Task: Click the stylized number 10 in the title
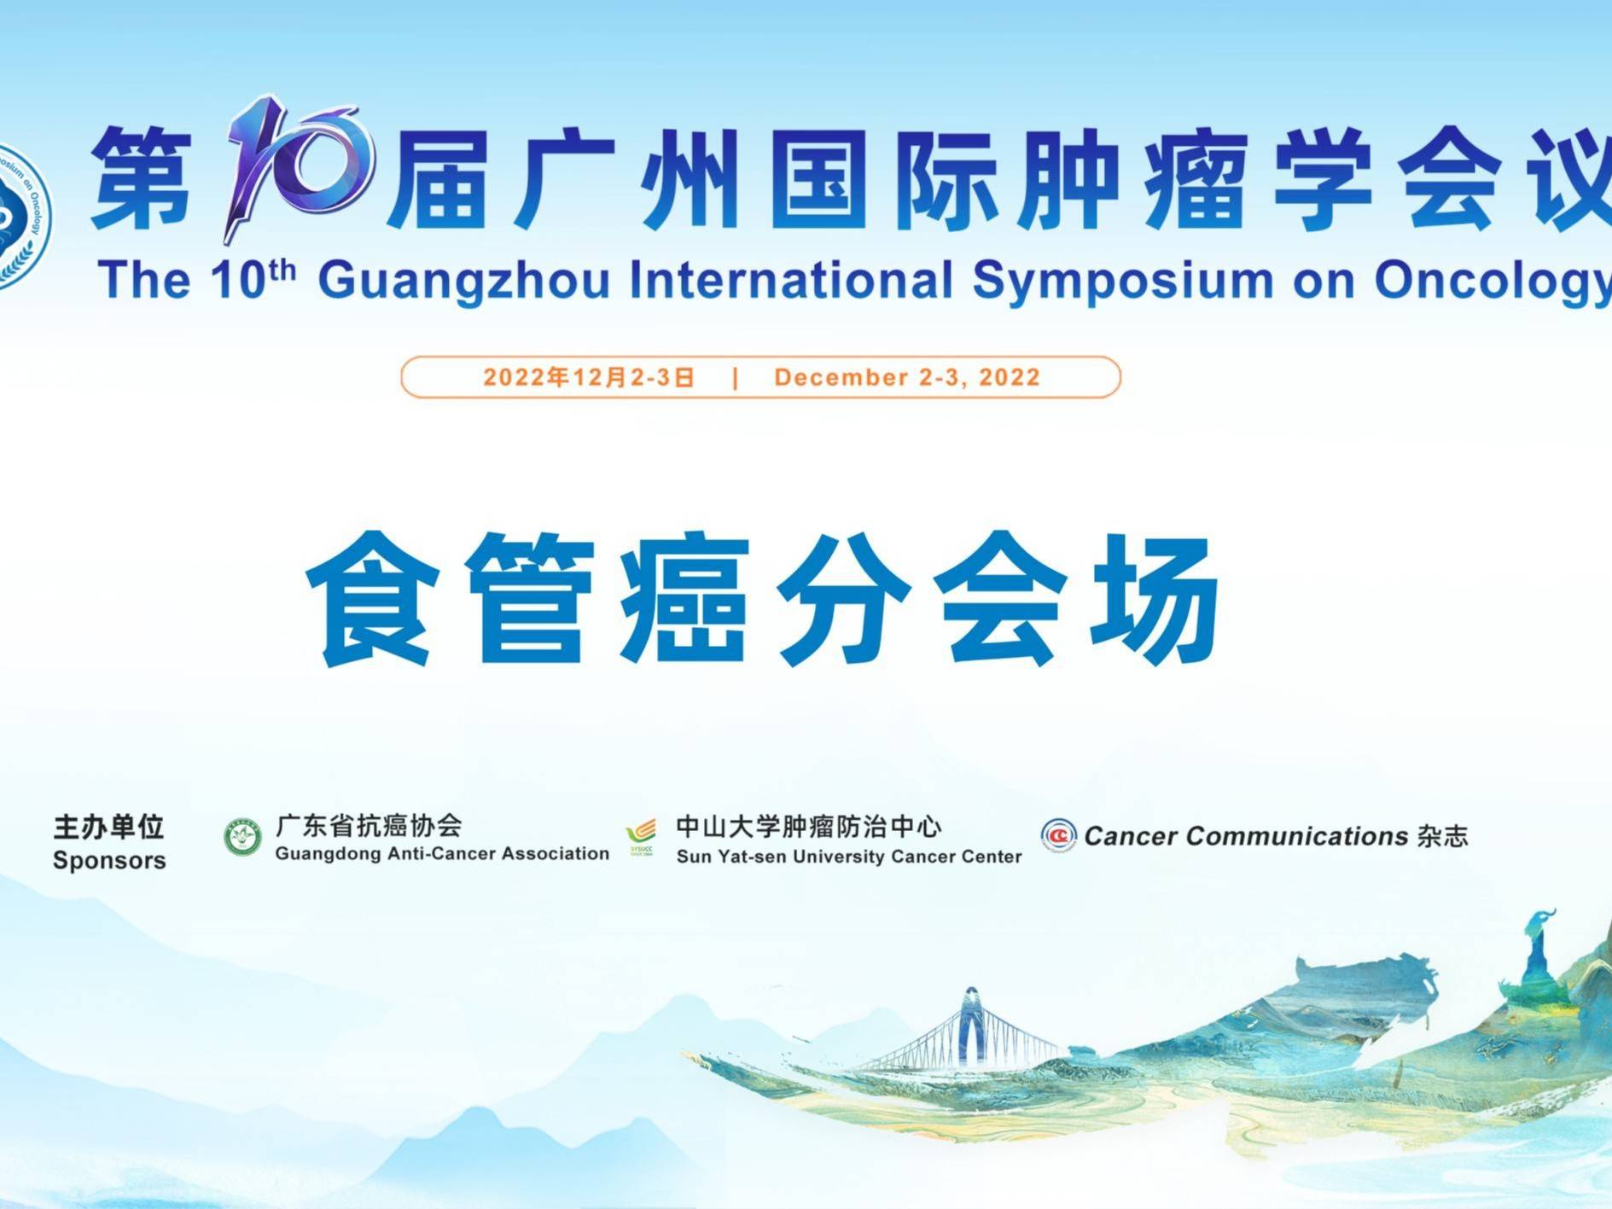299,166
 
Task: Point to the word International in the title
791,279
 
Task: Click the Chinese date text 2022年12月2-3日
589,377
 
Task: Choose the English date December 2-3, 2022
907,377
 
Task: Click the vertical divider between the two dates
736,378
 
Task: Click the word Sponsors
109,860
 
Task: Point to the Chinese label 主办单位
108,827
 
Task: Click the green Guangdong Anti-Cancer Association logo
242,837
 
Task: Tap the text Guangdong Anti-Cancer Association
442,853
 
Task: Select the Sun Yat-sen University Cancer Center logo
641,838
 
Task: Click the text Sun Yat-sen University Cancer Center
849,856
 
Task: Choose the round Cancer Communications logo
1058,834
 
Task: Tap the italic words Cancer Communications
1246,836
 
